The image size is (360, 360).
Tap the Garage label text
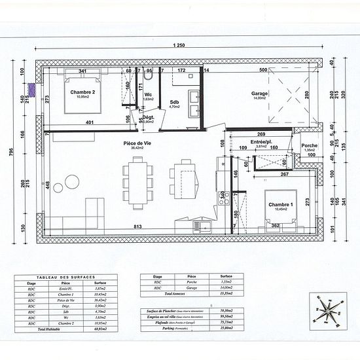click(x=259, y=93)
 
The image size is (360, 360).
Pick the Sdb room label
click(x=175, y=102)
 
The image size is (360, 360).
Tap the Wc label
click(x=149, y=94)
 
